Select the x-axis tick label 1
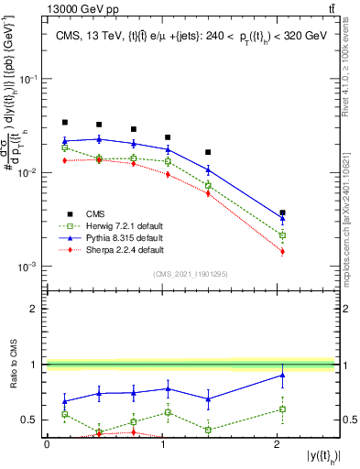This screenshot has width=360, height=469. [x=163, y=443]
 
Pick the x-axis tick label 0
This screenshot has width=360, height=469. [x=48, y=443]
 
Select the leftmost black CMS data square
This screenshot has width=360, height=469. [x=65, y=122]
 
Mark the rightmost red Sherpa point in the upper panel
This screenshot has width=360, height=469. [x=283, y=251]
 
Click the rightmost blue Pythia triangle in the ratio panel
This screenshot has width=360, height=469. [x=283, y=375]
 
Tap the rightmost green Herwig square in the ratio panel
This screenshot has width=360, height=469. [x=283, y=409]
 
